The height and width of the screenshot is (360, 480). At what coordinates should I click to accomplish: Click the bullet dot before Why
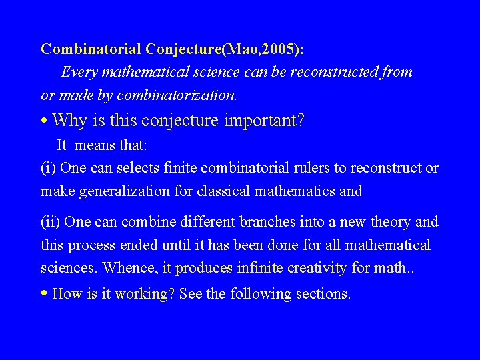[x=43, y=121]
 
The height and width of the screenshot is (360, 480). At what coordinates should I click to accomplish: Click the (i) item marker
[x=49, y=168]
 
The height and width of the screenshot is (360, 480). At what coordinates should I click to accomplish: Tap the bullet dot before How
[x=43, y=293]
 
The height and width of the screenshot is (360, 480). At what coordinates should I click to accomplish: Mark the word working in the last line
[x=141, y=294]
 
